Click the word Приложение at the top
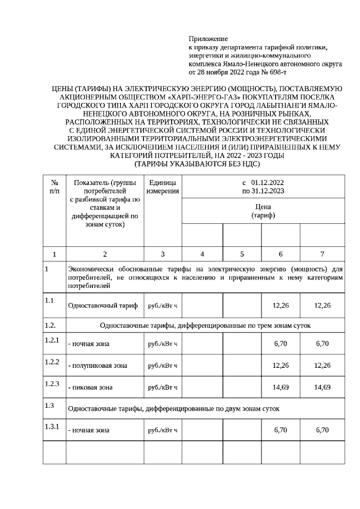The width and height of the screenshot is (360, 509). click(x=208, y=39)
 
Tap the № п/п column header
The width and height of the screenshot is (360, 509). click(x=55, y=187)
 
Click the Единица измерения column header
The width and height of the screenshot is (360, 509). click(x=163, y=187)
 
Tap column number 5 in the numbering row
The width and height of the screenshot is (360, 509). click(x=242, y=254)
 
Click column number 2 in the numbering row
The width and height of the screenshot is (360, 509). click(x=105, y=254)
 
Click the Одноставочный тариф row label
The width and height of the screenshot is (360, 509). click(x=102, y=305)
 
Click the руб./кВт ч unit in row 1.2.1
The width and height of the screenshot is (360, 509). click(x=163, y=344)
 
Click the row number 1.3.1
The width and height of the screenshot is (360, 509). click(x=52, y=426)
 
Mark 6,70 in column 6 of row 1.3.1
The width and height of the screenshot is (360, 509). click(x=281, y=430)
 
